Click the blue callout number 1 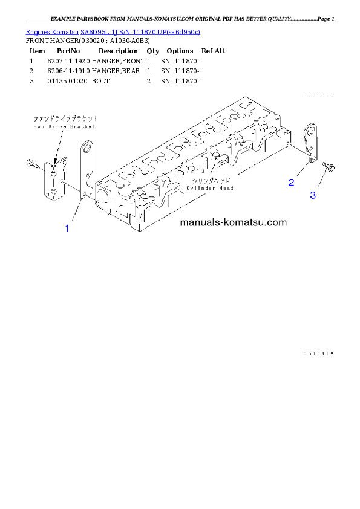point(67,229)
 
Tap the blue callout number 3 point(313,195)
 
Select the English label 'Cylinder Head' point(210,188)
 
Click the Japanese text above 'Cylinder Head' point(210,181)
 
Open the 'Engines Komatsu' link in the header point(53,31)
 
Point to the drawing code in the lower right point(318,354)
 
